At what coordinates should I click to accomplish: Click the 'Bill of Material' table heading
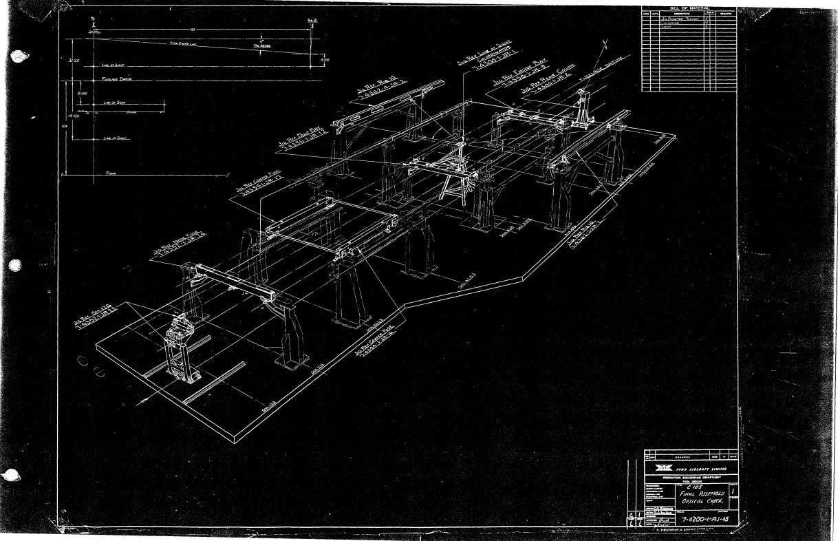pyautogui.click(x=688, y=8)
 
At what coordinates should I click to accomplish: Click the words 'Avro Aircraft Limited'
pyautogui.click(x=705, y=469)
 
